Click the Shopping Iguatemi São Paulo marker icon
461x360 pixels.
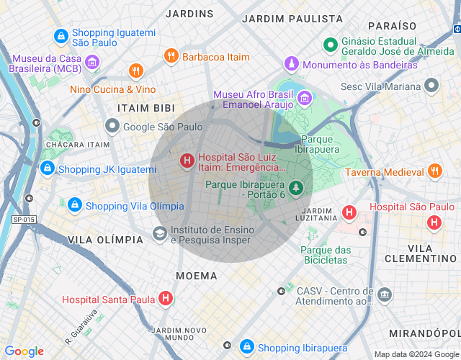61,35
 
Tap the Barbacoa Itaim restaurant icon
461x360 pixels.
171,56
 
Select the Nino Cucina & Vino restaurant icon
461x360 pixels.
136,71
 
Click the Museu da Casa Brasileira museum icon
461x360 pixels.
92,63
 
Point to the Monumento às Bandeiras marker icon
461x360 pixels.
292,64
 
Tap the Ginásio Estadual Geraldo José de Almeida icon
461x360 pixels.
331,45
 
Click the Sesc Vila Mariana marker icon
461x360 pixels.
431,86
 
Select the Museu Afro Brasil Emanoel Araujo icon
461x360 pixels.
305,98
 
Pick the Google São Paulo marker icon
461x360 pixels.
112,127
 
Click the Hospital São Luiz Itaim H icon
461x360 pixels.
187,161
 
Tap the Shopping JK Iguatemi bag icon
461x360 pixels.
47,168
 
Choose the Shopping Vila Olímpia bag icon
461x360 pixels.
74,205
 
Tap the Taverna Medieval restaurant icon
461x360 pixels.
434,171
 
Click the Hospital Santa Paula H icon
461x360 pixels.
166,298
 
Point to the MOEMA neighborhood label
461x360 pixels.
196,276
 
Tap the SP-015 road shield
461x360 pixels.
24,219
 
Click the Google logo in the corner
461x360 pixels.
24,351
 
